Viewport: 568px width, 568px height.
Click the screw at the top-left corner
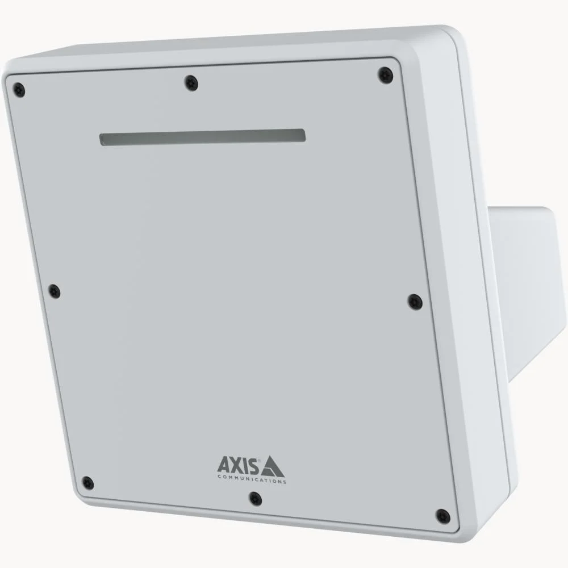coord(19,90)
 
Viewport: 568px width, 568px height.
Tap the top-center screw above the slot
coord(191,83)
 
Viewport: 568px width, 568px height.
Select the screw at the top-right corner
coord(386,74)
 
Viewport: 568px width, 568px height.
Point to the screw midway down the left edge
coord(54,291)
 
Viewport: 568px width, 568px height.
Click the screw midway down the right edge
coord(415,301)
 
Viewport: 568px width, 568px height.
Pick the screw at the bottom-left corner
coord(87,483)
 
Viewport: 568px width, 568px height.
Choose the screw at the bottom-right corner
coord(442,516)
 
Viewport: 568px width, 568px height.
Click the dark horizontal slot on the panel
coord(203,137)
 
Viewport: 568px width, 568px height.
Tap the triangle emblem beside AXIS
coord(273,466)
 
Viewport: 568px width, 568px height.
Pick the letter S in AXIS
coord(254,466)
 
